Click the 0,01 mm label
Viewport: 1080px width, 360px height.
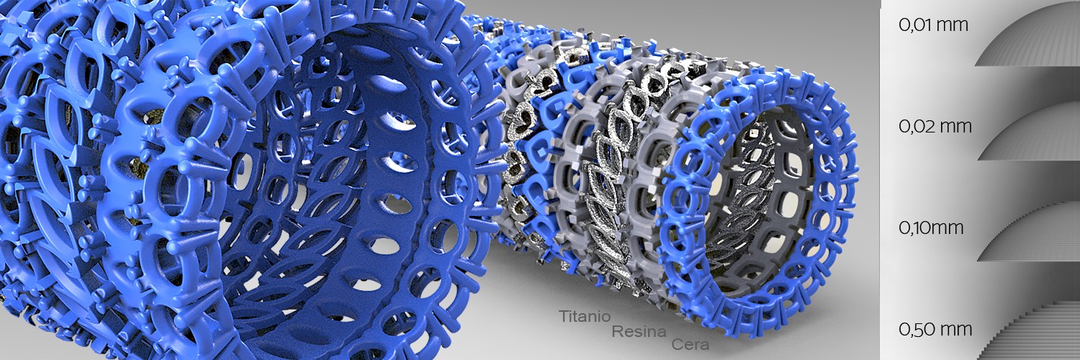[x=933, y=25]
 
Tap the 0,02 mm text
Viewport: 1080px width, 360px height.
[x=935, y=126]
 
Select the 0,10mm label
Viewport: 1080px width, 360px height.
[x=931, y=228]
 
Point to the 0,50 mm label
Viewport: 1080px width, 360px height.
[x=935, y=330]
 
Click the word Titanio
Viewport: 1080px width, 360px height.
[x=585, y=316]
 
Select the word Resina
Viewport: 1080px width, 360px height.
[x=639, y=332]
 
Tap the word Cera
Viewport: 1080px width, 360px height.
[x=690, y=345]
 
